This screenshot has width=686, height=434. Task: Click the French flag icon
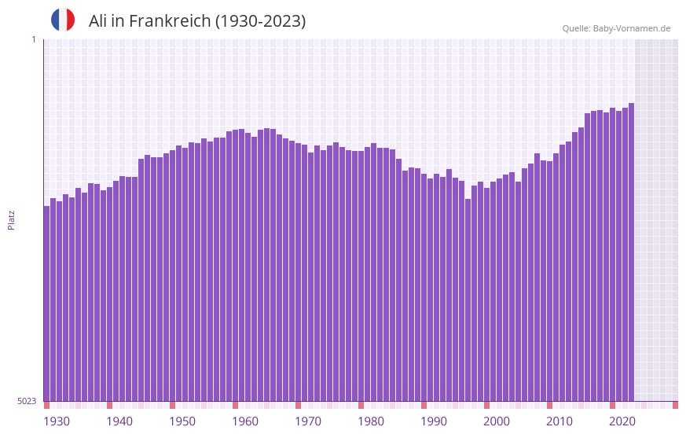click(x=63, y=20)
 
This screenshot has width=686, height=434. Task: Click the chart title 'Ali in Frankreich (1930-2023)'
click(x=197, y=21)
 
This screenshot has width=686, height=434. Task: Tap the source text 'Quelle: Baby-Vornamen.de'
click(x=616, y=28)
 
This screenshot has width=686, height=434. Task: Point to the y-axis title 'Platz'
click(x=11, y=219)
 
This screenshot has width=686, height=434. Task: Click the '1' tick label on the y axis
click(x=33, y=40)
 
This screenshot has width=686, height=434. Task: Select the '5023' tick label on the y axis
click(x=27, y=401)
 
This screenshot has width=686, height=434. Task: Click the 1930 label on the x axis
click(x=57, y=421)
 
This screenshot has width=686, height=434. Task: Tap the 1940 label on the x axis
click(x=119, y=421)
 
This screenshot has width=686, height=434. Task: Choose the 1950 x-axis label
click(x=182, y=421)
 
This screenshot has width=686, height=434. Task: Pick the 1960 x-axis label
click(x=245, y=421)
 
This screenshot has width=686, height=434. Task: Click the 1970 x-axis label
click(x=308, y=421)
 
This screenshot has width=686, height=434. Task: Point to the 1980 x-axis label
click(x=371, y=421)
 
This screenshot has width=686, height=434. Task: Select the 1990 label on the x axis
click(x=434, y=421)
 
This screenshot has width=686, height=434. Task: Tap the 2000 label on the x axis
click(x=497, y=421)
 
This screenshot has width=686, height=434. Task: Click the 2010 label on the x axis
click(x=559, y=421)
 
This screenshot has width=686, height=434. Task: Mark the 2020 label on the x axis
click(x=622, y=421)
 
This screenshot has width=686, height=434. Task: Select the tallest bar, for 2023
click(x=631, y=252)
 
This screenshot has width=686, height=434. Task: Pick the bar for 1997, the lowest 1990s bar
click(x=468, y=300)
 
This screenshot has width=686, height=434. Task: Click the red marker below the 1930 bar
click(x=46, y=405)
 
